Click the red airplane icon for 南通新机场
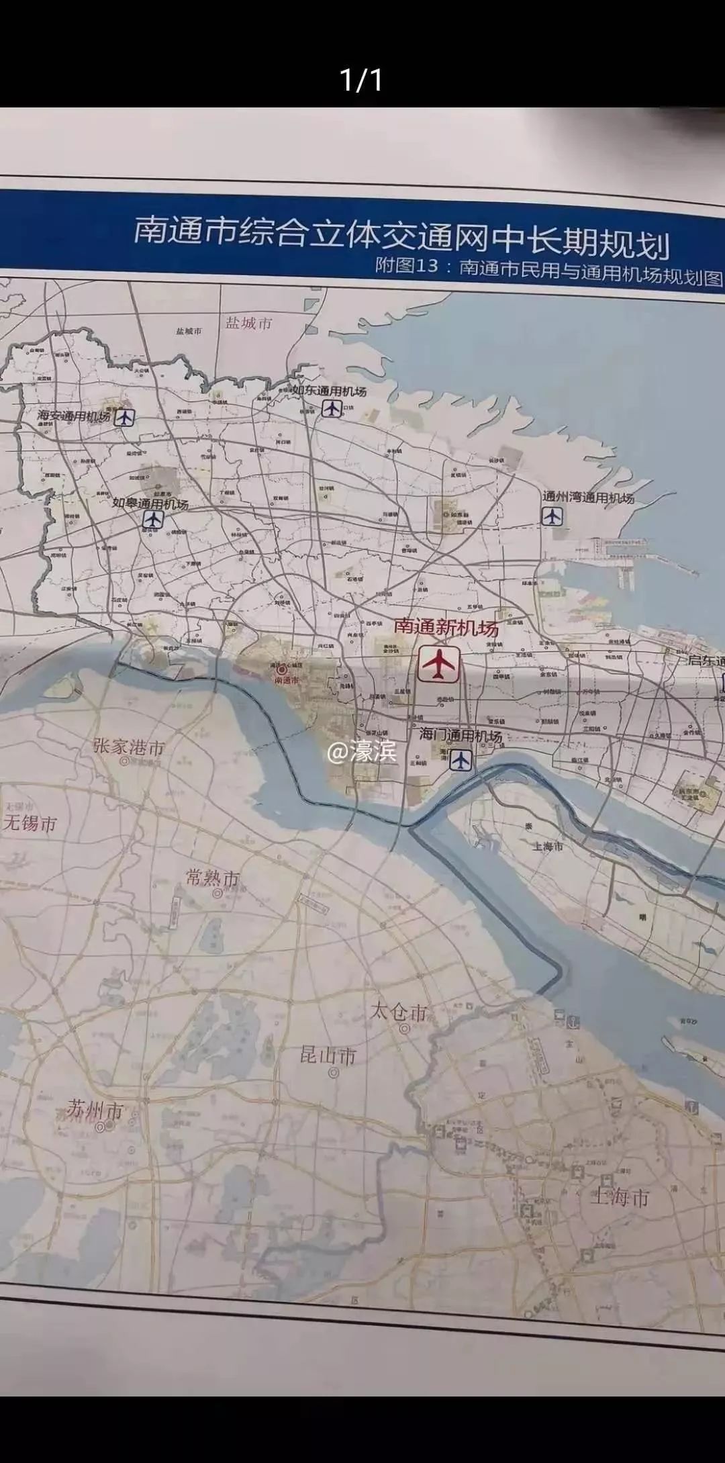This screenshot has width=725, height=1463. coord(439,664)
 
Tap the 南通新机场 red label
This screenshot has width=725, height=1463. coord(446,627)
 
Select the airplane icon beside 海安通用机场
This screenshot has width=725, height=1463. coord(124,418)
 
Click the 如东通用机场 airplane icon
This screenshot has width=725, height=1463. coord(331,408)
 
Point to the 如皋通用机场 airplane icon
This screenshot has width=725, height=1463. coord(153,520)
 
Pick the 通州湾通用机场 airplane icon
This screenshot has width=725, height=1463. coord(552,516)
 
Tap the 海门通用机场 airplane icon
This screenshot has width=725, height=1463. coord(461,760)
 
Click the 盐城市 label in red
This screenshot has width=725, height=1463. coord(249,324)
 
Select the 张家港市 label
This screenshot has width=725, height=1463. coord(129,747)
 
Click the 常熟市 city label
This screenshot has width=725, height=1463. coord(212,878)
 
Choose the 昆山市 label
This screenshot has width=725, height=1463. coord(328,1056)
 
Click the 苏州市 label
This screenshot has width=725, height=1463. coord(95,1111)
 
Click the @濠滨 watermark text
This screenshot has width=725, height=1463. coord(362,752)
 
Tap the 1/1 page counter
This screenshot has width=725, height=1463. coord(362,80)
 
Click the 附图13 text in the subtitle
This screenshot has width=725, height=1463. coord(407,266)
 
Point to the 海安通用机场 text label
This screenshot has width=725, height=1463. coord(74,416)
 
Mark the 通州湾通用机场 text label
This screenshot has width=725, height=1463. coord(588,498)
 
